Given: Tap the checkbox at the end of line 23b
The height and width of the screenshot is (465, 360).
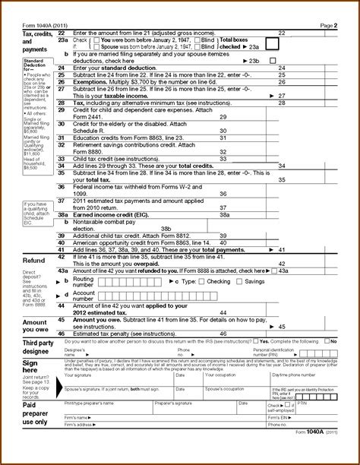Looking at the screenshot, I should [273, 60].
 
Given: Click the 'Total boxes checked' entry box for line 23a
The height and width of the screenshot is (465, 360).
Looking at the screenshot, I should [272, 44].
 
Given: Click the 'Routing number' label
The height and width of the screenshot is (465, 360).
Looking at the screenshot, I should [84, 281].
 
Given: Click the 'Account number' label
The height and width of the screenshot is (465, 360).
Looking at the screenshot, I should [84, 295].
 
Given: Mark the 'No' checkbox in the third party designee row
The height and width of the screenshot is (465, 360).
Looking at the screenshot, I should [325, 342].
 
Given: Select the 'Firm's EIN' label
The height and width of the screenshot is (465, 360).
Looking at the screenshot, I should [280, 418].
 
